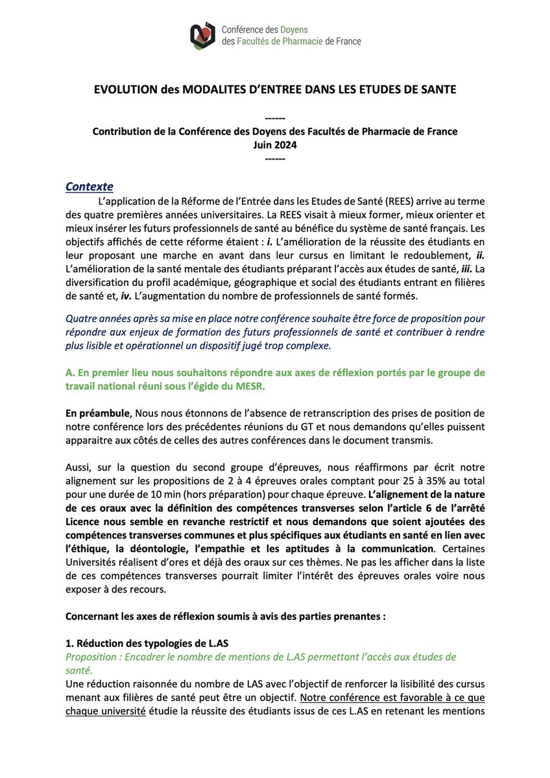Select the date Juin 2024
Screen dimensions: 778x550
(275, 145)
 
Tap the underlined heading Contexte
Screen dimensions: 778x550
(90, 187)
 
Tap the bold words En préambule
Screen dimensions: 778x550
(96, 414)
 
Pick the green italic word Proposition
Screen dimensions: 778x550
(91, 657)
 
